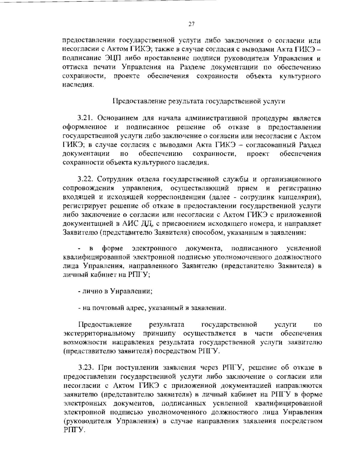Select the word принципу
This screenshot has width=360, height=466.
(x=160, y=333)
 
